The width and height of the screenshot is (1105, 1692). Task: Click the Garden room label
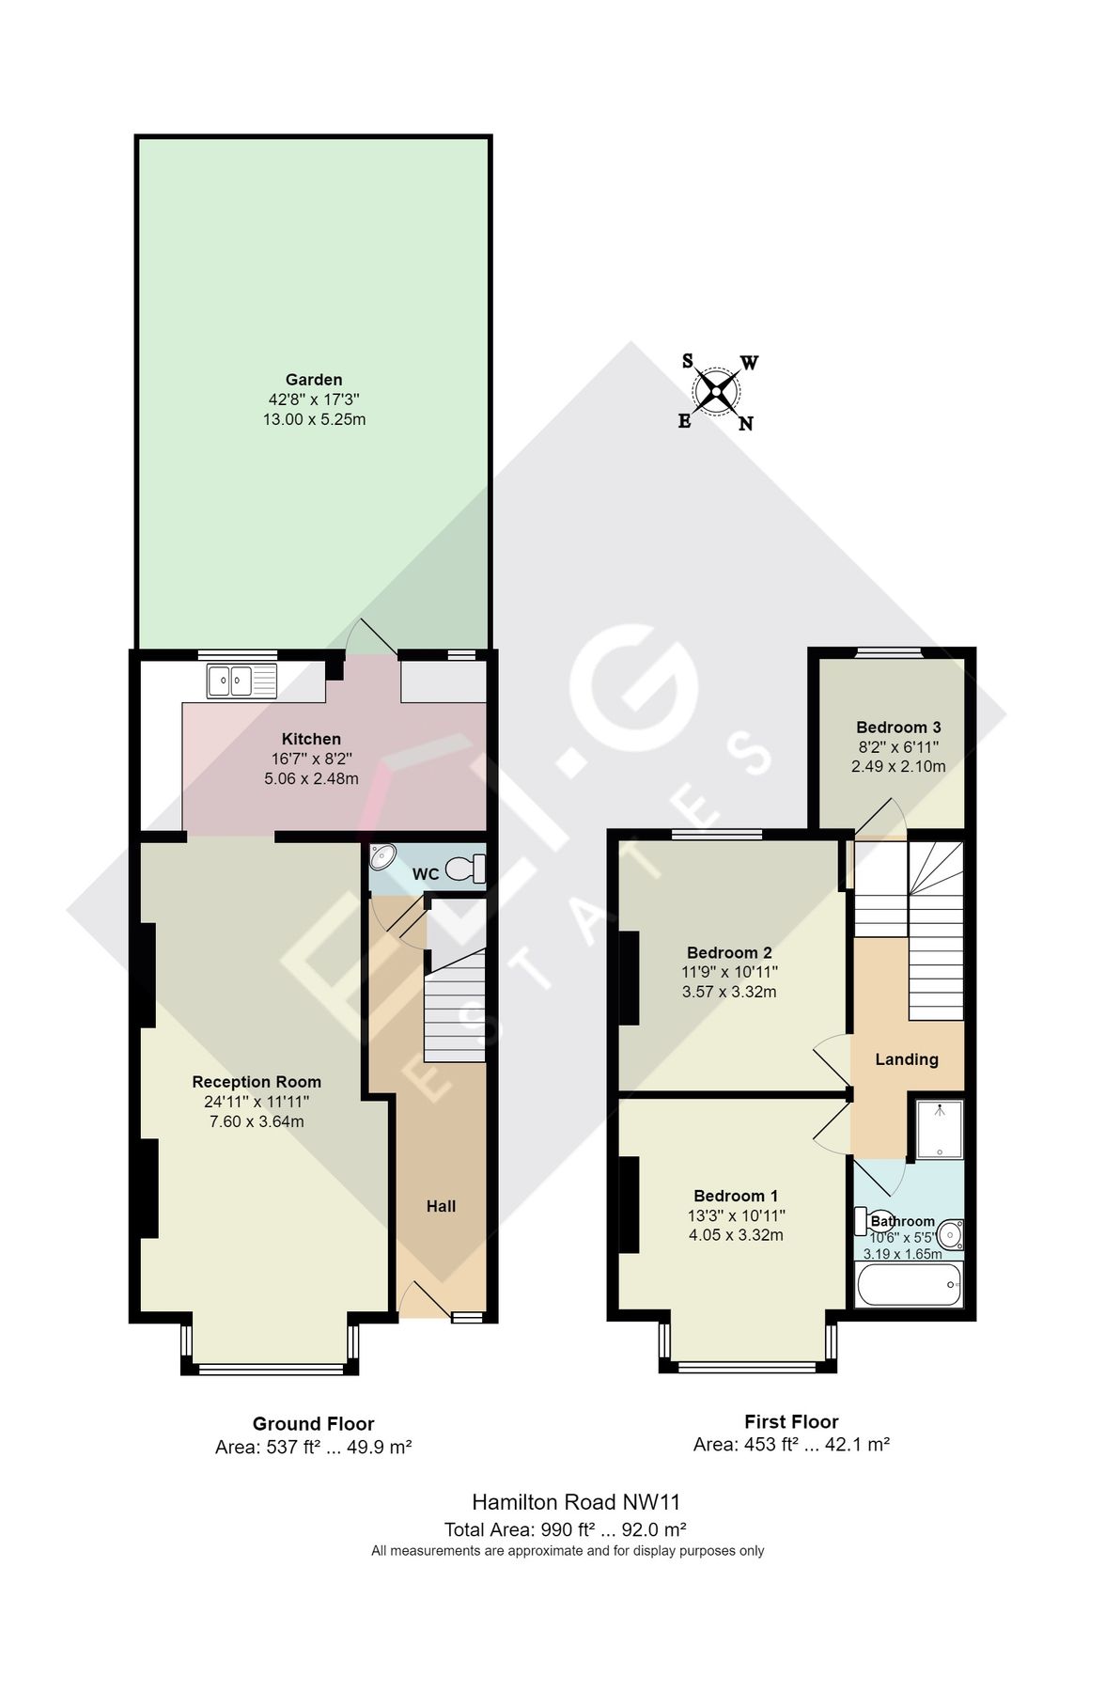click(x=314, y=380)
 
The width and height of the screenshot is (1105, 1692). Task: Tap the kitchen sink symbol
click(x=242, y=680)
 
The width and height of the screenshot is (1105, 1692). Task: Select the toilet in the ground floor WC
click(x=465, y=869)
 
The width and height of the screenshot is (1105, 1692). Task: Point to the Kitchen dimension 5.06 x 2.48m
click(x=311, y=778)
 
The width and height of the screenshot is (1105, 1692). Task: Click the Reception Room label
click(x=257, y=1082)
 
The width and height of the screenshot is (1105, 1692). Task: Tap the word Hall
click(x=441, y=1206)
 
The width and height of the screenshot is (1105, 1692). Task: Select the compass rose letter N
click(x=745, y=424)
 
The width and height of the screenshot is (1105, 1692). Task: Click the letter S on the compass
click(x=687, y=361)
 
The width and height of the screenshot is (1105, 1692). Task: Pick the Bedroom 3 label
click(x=898, y=728)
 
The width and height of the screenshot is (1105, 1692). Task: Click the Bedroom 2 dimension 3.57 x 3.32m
click(x=729, y=992)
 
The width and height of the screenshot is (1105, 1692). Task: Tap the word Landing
click(x=907, y=1059)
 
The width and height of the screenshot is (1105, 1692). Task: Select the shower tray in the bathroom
click(x=940, y=1129)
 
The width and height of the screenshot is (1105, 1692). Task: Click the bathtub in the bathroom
click(x=909, y=1285)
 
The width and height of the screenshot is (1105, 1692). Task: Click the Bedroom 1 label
click(x=736, y=1196)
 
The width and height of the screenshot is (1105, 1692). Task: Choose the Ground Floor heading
click(x=313, y=1423)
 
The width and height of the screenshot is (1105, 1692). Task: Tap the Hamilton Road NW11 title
click(x=575, y=1501)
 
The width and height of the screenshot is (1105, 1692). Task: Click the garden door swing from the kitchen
click(x=374, y=637)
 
